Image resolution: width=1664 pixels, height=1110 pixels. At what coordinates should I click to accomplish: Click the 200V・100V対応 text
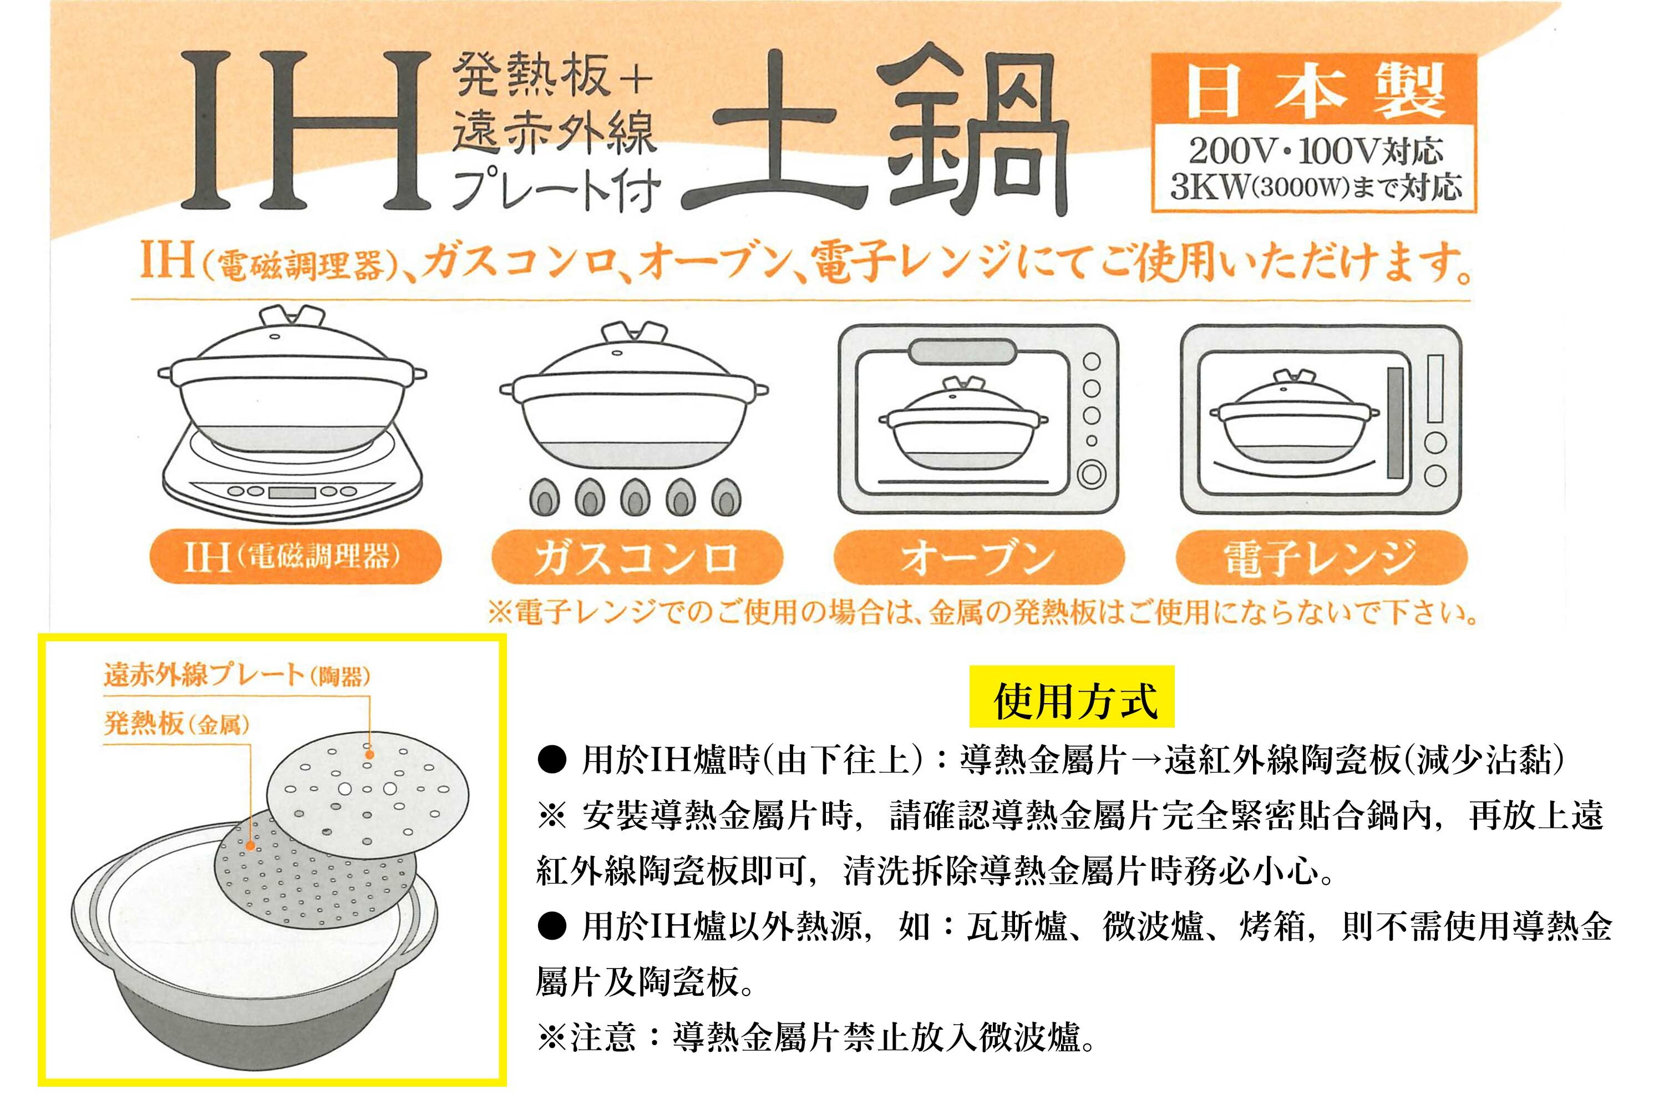point(1315,150)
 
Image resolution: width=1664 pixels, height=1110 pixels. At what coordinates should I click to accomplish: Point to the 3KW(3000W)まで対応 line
point(1315,186)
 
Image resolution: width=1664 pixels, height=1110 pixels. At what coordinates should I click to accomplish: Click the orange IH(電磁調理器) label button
point(296,557)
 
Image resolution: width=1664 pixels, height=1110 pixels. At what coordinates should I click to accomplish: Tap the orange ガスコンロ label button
point(637,557)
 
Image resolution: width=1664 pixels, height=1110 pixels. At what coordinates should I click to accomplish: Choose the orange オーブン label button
point(979,557)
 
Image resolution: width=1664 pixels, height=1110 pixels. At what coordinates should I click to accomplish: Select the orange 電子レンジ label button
point(1321,557)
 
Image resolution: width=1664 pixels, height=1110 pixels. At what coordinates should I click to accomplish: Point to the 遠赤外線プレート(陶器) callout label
point(237,675)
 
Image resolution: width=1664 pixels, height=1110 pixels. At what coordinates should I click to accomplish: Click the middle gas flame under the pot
point(635,498)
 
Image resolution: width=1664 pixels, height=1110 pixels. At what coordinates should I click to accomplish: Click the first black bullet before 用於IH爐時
point(552,761)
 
